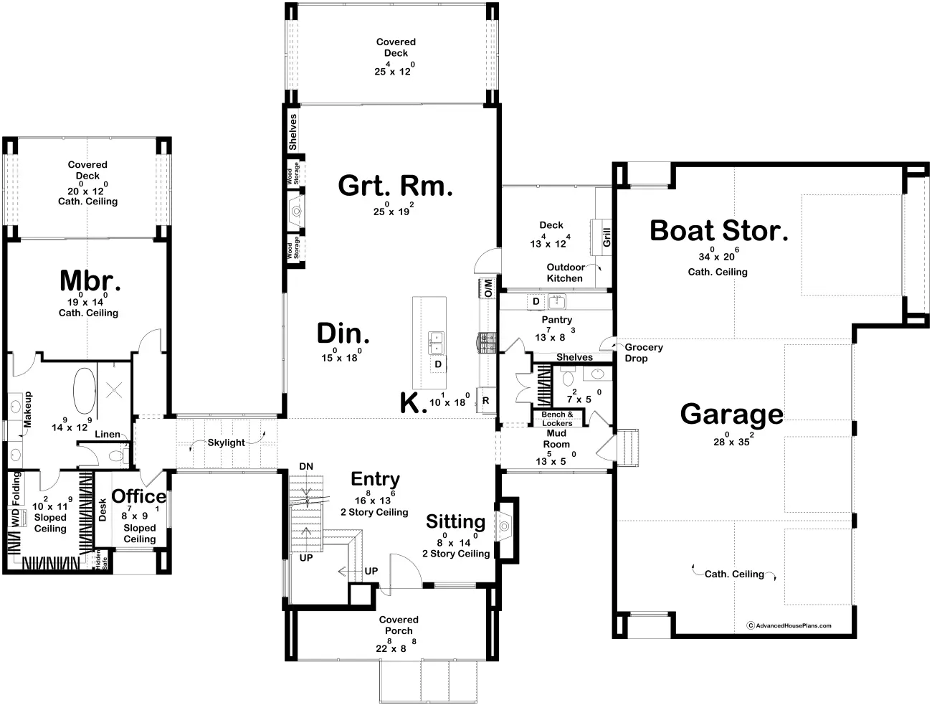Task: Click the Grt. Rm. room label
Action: pos(395,186)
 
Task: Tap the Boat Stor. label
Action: pos(718,231)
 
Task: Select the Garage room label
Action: pos(731,415)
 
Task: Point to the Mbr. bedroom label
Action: pos(90,280)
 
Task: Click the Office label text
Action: pos(138,496)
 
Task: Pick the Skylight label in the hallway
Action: pos(226,443)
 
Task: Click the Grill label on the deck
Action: pos(606,237)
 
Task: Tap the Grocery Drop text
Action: pos(643,353)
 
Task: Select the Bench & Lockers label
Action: pos(557,419)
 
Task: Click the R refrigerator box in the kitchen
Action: pos(485,401)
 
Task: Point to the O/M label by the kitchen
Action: pos(488,288)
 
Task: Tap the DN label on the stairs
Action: pos(306,466)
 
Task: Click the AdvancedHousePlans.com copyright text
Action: pos(792,625)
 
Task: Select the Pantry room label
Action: pos(556,320)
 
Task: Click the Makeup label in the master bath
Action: pos(29,410)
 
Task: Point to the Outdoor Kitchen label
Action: pos(565,273)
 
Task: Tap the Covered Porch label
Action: pos(399,625)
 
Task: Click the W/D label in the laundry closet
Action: pos(15,518)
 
